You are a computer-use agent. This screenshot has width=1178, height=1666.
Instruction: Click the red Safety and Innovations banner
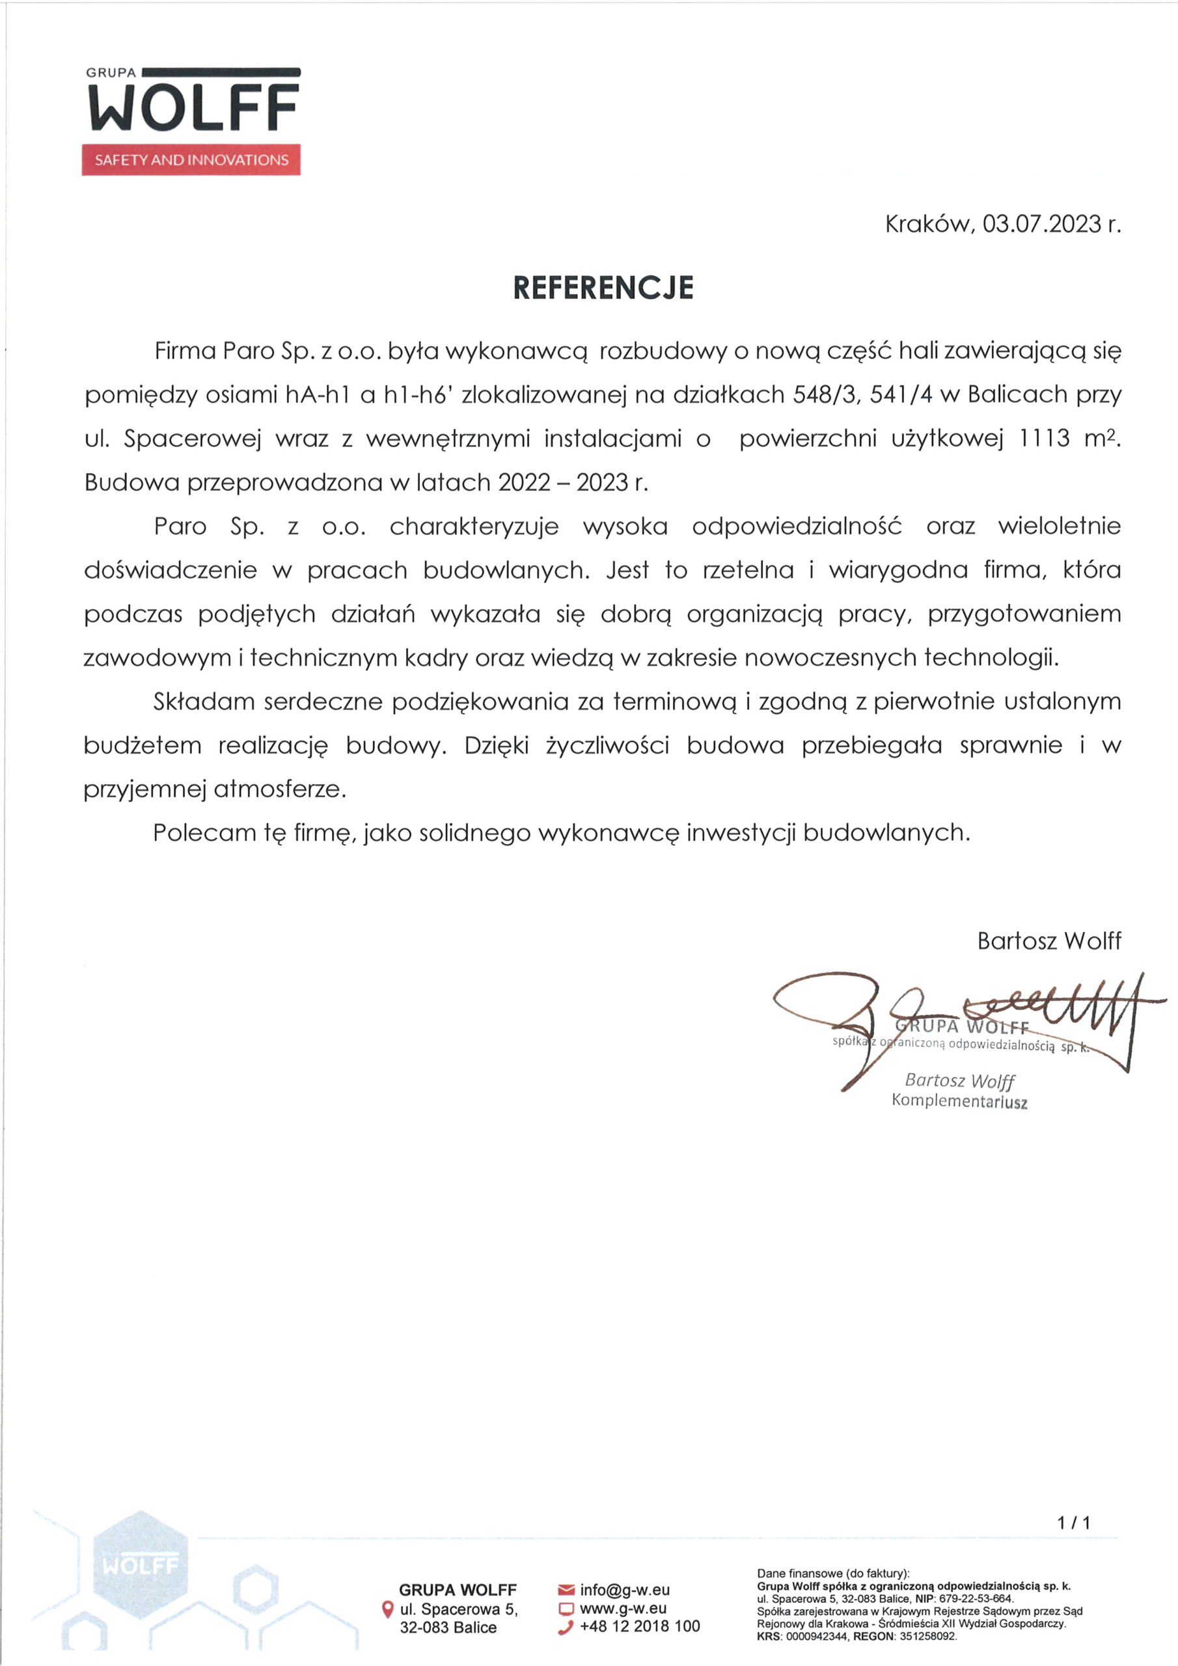[191, 160]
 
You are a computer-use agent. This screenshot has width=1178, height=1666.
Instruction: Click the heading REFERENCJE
[603, 288]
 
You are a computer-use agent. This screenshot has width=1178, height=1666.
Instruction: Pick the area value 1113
[1045, 438]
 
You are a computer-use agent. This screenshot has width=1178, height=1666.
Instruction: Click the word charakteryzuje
[474, 526]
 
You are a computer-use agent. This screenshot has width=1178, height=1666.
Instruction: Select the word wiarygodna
[899, 570]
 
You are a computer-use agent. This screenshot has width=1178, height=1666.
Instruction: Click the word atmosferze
[280, 789]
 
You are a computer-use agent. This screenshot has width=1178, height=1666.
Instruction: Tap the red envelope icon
[566, 1591]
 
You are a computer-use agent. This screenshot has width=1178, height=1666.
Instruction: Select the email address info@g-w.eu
[625, 1591]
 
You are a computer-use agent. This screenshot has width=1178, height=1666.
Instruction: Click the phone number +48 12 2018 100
[640, 1626]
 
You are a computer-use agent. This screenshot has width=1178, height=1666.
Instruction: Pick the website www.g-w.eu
[623, 1608]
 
